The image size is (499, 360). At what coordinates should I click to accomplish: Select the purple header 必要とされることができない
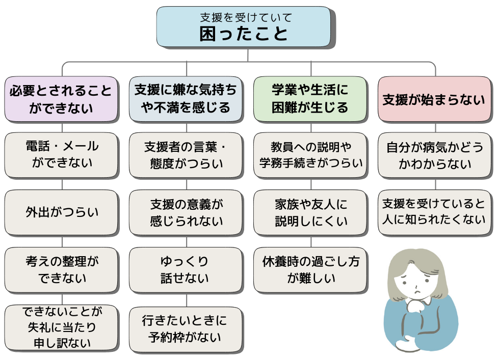(62, 99)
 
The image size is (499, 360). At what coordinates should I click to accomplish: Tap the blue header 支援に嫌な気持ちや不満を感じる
(186, 99)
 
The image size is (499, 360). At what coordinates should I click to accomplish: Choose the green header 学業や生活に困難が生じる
(310, 99)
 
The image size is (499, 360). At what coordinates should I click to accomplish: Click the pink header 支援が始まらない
(435, 99)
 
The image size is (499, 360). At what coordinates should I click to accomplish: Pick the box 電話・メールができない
(62, 155)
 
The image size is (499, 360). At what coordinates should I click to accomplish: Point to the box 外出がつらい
(62, 212)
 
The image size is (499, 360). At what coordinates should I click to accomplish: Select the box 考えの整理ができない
(62, 270)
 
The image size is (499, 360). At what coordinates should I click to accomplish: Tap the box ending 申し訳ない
(62, 327)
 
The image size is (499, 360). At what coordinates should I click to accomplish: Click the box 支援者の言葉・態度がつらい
(186, 155)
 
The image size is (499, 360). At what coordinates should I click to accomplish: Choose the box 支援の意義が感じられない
(186, 212)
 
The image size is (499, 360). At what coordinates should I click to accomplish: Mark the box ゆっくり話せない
(186, 270)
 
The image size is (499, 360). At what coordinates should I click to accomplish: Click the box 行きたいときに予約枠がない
(186, 328)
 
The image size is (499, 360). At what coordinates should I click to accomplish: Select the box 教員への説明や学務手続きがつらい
(310, 155)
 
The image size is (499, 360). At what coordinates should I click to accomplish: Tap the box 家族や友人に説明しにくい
(310, 212)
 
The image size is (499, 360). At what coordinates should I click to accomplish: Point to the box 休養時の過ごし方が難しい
(310, 270)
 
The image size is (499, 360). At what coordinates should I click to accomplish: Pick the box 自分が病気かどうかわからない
(435, 155)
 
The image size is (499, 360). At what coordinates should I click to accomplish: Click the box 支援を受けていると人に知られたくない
(435, 212)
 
